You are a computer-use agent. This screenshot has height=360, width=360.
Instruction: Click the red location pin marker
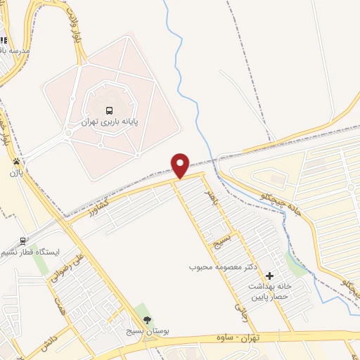(x=181, y=165)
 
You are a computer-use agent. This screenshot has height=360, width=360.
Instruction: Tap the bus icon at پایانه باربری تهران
(x=109, y=110)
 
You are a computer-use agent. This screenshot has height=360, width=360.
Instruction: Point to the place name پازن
(x=16, y=172)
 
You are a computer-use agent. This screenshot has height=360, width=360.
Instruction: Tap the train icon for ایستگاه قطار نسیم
(x=23, y=240)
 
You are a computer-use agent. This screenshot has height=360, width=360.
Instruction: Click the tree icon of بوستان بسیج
(x=147, y=320)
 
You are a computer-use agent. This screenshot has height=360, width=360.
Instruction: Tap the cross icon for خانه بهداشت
(x=269, y=276)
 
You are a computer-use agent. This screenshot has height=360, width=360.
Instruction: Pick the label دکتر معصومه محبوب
(x=224, y=268)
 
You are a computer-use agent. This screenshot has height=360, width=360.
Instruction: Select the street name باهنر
(x=207, y=198)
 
